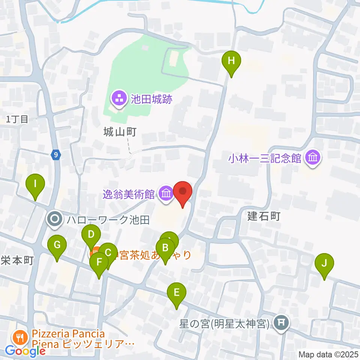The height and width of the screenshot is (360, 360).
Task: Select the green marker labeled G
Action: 57,245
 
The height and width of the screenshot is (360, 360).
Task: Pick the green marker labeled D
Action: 91,235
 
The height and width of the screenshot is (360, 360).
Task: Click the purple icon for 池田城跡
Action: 119,99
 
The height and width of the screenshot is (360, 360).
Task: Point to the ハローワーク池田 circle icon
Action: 55,219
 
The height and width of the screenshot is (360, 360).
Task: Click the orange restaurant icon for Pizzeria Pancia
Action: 19,338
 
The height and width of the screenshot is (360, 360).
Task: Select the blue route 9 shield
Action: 55,154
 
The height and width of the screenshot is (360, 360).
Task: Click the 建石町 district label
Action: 264,216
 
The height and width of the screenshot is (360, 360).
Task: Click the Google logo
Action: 25,351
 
